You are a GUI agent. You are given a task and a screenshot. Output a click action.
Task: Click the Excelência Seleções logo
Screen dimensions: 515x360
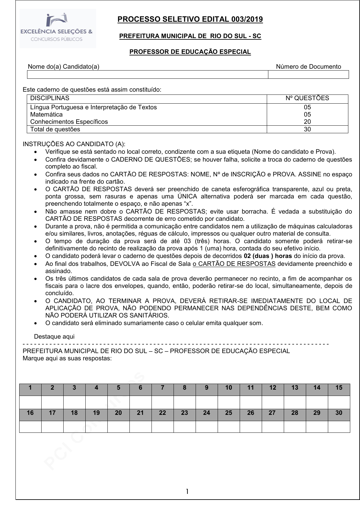tap(58, 28)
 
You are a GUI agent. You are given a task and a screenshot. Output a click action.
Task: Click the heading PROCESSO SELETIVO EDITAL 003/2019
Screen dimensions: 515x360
tap(190, 20)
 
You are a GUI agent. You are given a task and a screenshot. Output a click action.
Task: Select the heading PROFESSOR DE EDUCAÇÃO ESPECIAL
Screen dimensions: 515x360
tap(190, 52)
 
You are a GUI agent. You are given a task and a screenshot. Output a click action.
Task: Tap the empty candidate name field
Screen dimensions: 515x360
tap(147, 75)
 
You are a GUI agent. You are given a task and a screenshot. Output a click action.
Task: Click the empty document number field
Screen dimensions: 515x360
tap(308, 75)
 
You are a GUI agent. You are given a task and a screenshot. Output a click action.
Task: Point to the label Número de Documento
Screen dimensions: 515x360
tap(308, 67)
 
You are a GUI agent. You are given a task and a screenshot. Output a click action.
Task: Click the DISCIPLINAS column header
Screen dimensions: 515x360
tap(50, 98)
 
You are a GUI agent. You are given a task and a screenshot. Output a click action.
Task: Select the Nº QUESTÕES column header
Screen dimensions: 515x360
tap(307, 98)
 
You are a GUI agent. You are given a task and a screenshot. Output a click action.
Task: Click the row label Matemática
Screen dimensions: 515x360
tap(46, 115)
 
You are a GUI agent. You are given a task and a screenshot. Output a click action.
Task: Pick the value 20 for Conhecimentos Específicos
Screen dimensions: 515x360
tap(307, 122)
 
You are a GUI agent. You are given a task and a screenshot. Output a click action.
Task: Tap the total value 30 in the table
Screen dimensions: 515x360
tap(307, 129)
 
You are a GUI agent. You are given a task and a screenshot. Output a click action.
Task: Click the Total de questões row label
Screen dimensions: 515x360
tap(55, 129)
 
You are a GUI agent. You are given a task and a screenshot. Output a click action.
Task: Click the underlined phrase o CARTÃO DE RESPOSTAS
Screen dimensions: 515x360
tap(234, 264)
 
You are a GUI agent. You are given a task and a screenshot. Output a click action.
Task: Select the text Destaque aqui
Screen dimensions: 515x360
tap(54, 337)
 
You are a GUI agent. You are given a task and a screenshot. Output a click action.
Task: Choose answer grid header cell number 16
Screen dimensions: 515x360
tap(30, 413)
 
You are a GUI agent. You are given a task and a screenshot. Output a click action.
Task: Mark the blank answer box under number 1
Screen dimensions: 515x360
tap(30, 402)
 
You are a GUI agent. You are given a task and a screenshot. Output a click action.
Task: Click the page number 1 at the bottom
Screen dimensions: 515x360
tap(187, 491)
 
